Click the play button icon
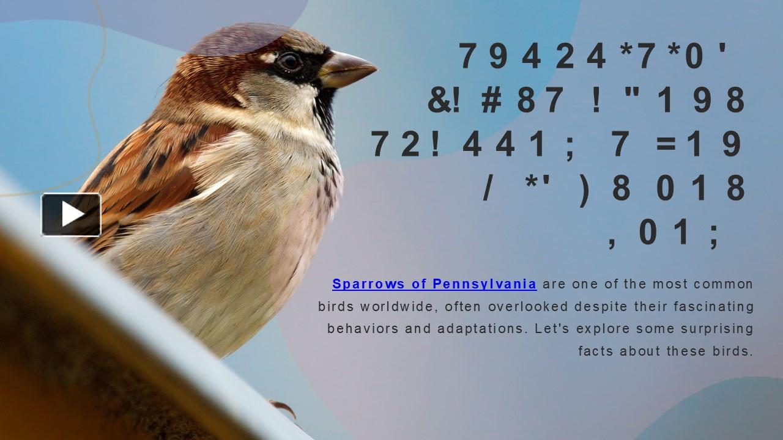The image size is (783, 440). (71, 215)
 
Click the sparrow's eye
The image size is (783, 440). (288, 61)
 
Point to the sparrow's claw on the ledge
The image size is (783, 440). (282, 407)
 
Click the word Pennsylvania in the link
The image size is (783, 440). (484, 284)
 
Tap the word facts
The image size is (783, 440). (596, 351)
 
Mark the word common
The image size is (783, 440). (724, 284)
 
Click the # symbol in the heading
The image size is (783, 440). (491, 101)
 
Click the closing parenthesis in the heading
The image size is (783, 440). (584, 189)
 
